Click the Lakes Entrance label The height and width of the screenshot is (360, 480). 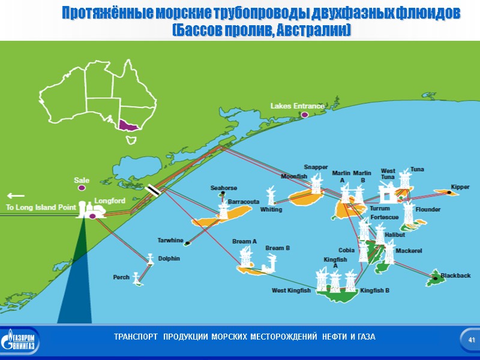pyautogui.click(x=297, y=106)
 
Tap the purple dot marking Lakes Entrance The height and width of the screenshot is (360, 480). pyautogui.click(x=304, y=114)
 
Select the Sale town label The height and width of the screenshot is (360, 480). pyautogui.click(x=81, y=180)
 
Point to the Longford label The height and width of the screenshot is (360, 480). pyautogui.click(x=109, y=200)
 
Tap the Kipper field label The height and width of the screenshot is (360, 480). pyautogui.click(x=460, y=187)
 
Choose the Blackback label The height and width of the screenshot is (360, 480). pyautogui.click(x=455, y=275)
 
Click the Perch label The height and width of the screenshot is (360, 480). pyautogui.click(x=121, y=277)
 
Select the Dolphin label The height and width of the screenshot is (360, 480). pyautogui.click(x=169, y=259)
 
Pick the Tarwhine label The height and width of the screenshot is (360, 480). pyautogui.click(x=170, y=241)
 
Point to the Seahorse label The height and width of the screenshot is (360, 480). pyautogui.click(x=223, y=188)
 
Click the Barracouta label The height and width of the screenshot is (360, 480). pyautogui.click(x=244, y=202)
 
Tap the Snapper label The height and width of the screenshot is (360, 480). pyautogui.click(x=316, y=167)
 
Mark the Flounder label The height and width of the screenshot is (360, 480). pyautogui.click(x=428, y=210)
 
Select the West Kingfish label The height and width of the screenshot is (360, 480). pyautogui.click(x=291, y=290)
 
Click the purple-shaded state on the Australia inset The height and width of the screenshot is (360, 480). pyautogui.click(x=127, y=125)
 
